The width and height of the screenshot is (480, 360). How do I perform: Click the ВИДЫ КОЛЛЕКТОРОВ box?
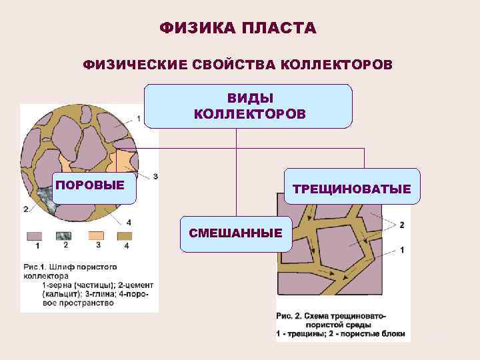pyautogui.click(x=248, y=106)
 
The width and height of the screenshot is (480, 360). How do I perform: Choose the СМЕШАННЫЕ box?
pyautogui.click(x=236, y=233)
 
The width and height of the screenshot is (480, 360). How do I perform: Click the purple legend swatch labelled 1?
pyautogui.click(x=33, y=236)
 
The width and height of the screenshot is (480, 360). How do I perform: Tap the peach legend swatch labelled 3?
pyautogui.click(x=97, y=236)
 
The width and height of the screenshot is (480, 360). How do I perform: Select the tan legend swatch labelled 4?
pyautogui.click(x=126, y=236)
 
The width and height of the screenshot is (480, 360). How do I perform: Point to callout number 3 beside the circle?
pyautogui.click(x=155, y=176)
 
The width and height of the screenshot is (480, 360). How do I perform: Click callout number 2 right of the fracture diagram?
pyautogui.click(x=401, y=225)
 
